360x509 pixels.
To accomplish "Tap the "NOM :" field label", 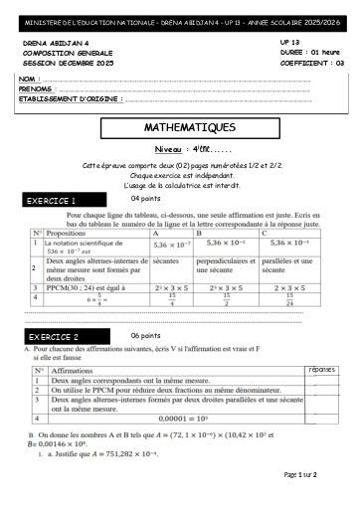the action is [x=29, y=78].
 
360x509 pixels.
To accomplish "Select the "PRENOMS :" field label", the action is [x=37, y=87].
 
